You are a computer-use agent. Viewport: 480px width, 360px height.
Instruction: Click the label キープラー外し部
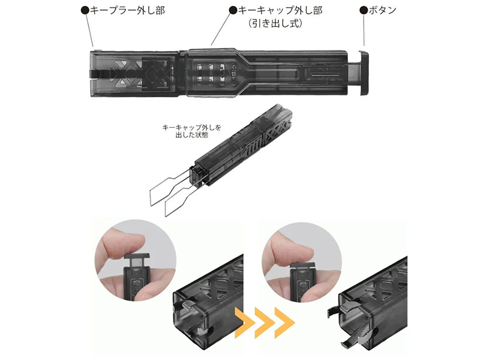click(127, 10)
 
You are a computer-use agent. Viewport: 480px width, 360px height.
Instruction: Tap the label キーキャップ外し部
click(280, 10)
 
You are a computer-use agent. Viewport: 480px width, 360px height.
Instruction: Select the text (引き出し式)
click(275, 23)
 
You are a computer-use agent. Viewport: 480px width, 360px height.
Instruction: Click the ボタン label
click(382, 10)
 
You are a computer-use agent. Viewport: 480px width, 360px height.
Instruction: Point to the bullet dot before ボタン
click(364, 10)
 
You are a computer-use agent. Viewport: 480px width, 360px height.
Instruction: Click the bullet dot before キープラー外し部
click(85, 10)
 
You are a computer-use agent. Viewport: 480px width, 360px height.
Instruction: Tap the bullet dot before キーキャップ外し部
click(233, 10)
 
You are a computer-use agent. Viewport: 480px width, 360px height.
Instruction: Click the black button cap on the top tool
click(364, 73)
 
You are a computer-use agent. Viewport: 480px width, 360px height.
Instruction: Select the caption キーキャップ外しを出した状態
click(191, 131)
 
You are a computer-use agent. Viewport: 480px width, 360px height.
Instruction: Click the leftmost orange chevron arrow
click(244, 323)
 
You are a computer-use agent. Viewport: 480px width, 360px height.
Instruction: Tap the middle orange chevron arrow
click(264, 323)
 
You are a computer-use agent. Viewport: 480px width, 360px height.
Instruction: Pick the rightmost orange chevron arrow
click(284, 323)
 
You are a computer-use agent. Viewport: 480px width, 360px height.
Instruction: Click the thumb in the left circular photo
click(126, 239)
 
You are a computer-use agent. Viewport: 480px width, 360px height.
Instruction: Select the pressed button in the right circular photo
click(302, 266)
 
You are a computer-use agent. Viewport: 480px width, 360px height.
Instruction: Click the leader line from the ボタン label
click(364, 31)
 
